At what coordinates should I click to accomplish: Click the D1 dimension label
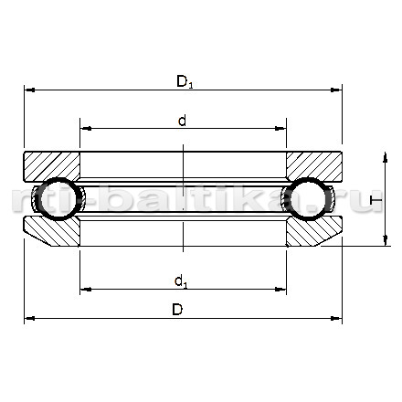tap(185, 81)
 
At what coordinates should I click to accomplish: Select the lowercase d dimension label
tap(182, 121)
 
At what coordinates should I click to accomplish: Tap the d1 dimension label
tap(181, 281)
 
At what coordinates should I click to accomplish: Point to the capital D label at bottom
tap(177, 310)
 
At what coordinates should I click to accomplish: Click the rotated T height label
tap(376, 200)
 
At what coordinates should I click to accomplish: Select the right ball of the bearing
tap(310, 198)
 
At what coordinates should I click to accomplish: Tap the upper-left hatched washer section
tap(52, 166)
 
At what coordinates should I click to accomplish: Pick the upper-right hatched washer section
tap(314, 166)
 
